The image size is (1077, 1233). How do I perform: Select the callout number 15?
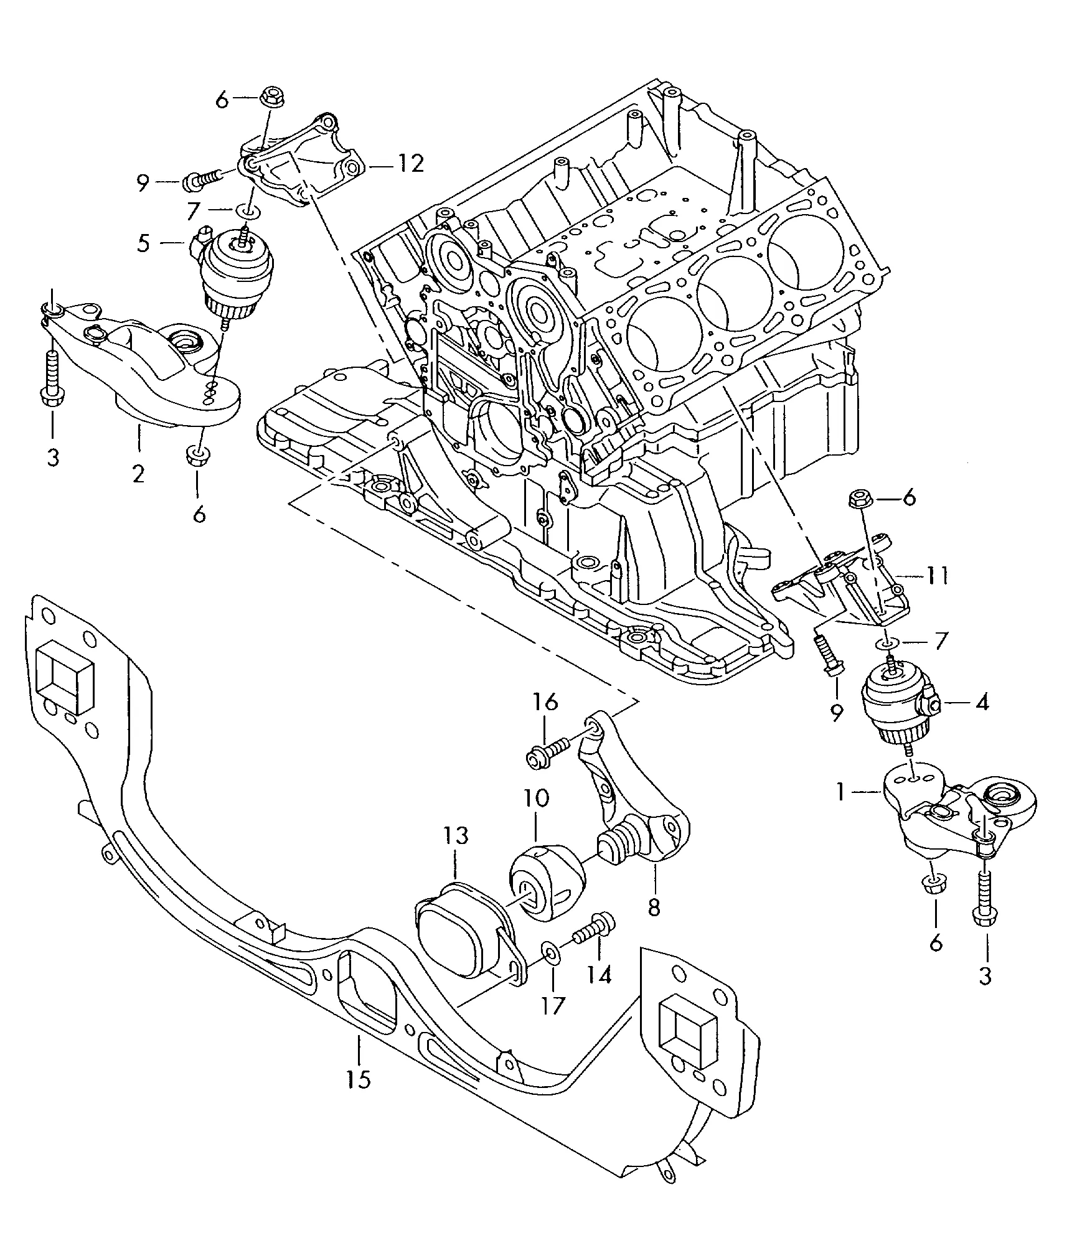pyautogui.click(x=359, y=1078)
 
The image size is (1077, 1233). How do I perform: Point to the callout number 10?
pyautogui.click(x=537, y=797)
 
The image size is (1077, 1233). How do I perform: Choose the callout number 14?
pyautogui.click(x=599, y=991)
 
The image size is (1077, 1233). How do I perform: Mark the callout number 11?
pyautogui.click(x=936, y=576)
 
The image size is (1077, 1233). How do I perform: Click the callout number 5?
pyautogui.click(x=144, y=243)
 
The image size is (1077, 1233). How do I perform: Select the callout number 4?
pyautogui.click(x=982, y=703)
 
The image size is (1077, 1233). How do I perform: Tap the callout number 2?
pyautogui.click(x=138, y=474)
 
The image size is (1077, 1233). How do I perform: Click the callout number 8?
pyautogui.click(x=654, y=907)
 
